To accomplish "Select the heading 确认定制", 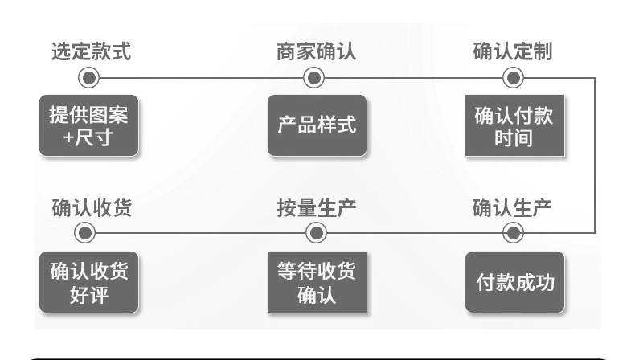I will (512, 51).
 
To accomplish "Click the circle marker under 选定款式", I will (88, 78).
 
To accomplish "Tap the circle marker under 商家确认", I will (314, 78).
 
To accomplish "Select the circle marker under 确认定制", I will (513, 78).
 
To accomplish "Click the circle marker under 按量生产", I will (316, 233).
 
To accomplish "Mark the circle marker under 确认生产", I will (513, 233).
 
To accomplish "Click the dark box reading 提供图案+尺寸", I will (88, 125).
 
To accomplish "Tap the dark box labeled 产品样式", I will (316, 125).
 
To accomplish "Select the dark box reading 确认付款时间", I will (514, 125).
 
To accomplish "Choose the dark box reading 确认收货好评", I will (88, 283).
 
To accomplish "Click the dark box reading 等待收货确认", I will (316, 283).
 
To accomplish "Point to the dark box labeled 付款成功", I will (514, 283).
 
